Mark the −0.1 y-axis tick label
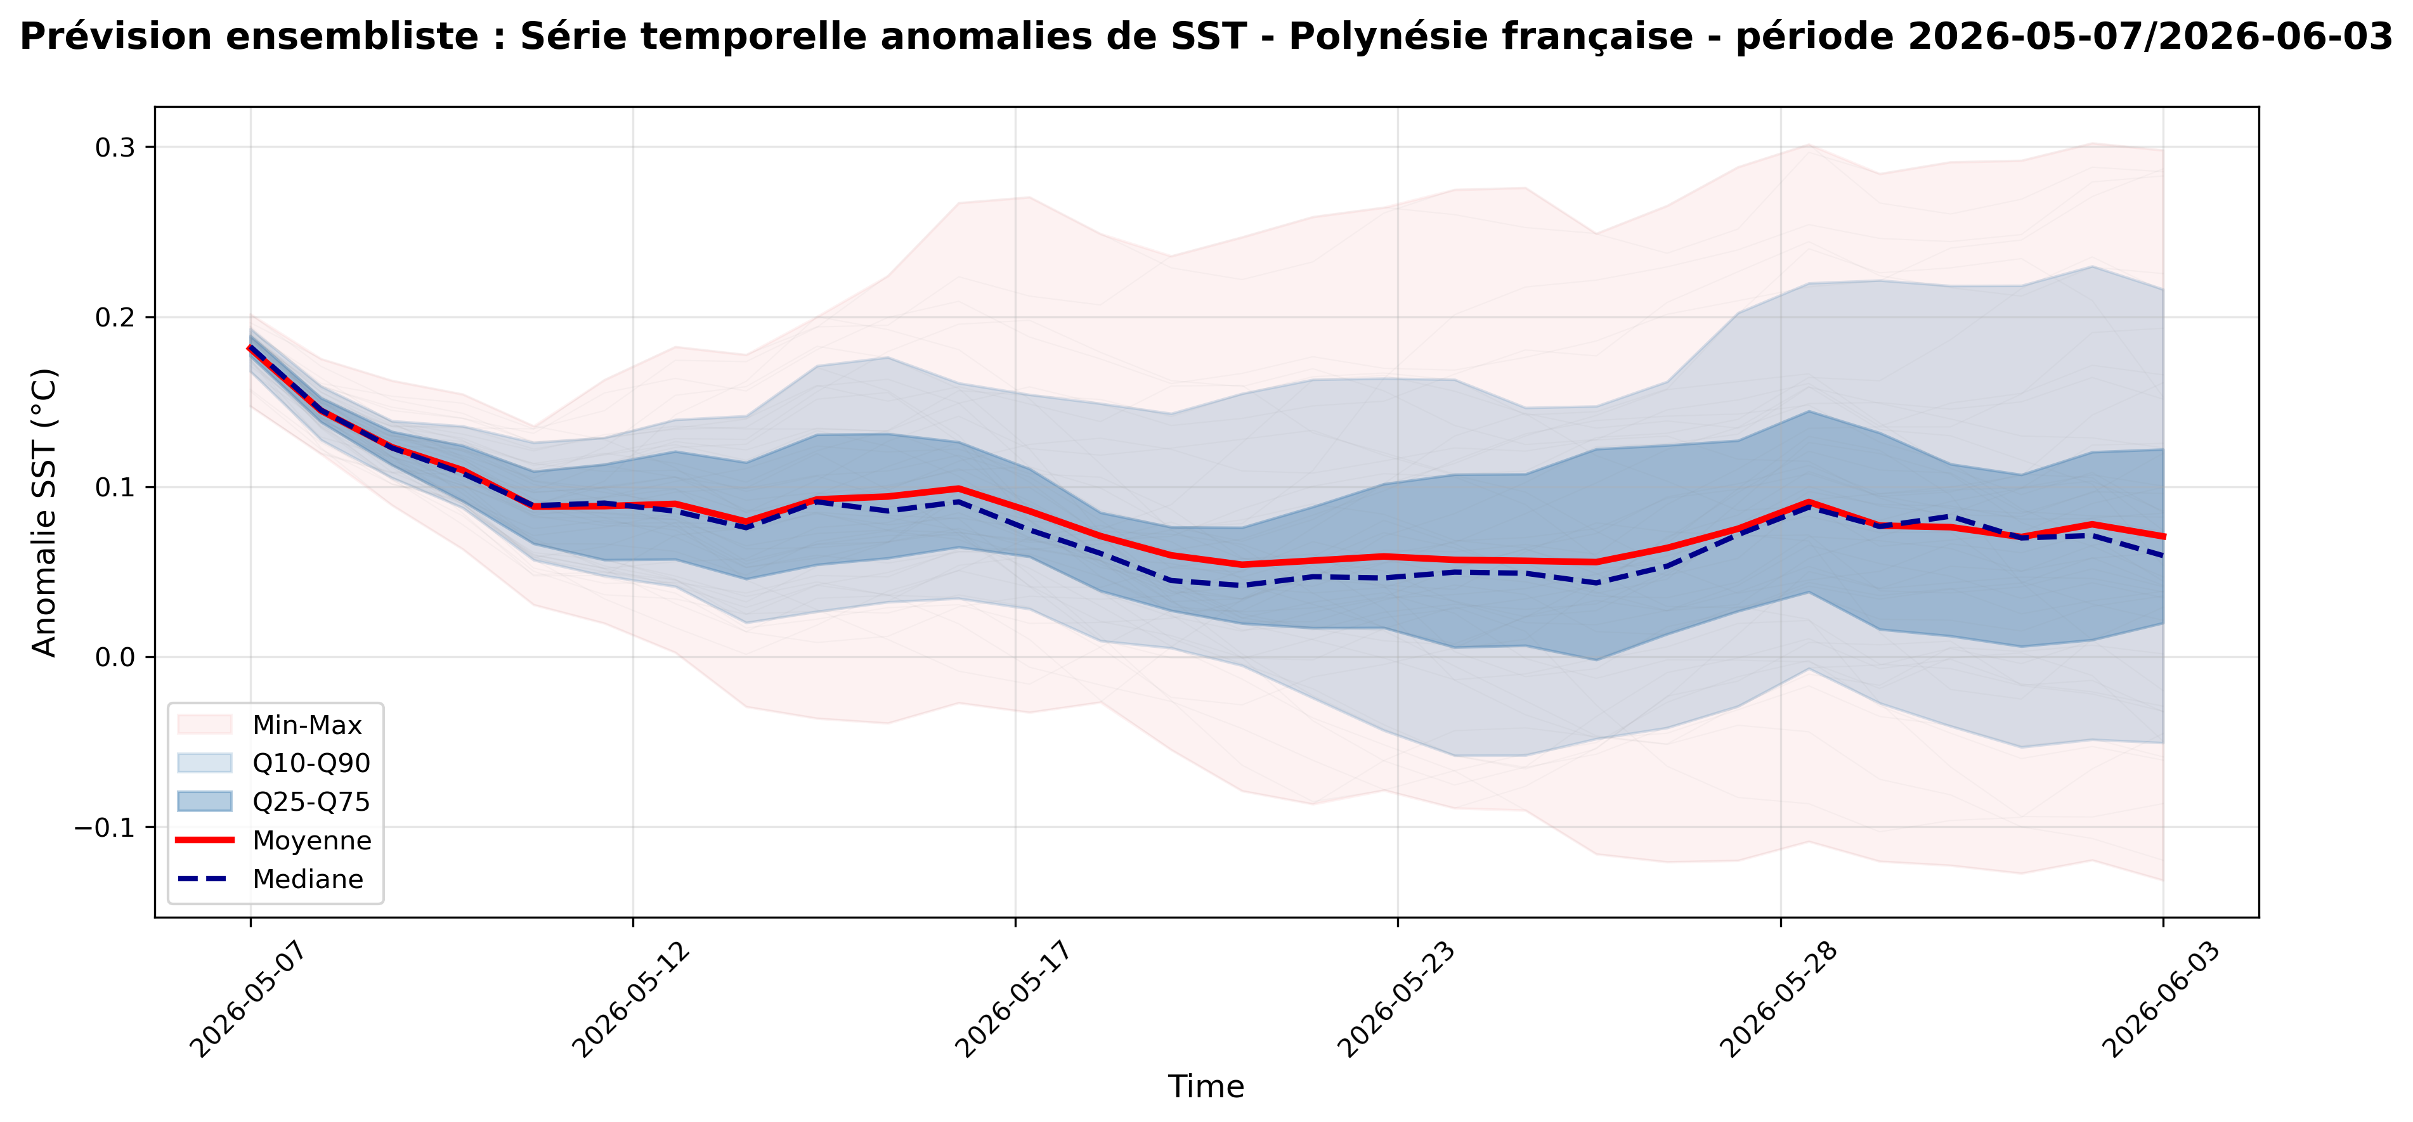coord(105,828)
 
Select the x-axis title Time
coord(1206,1087)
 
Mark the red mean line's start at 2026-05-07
coord(250,349)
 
